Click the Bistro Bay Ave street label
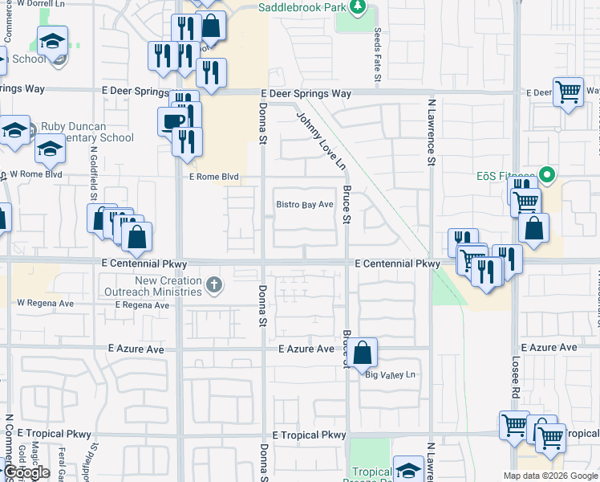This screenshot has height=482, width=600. click(304, 205)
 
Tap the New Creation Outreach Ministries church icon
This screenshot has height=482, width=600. click(213, 284)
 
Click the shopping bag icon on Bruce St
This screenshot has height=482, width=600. click(363, 351)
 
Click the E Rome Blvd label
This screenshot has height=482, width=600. click(213, 178)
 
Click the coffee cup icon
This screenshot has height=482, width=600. click(172, 122)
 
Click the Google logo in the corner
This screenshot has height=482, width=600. click(27, 472)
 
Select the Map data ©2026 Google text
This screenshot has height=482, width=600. click(549, 476)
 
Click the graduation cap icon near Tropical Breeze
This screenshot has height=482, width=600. click(408, 469)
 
